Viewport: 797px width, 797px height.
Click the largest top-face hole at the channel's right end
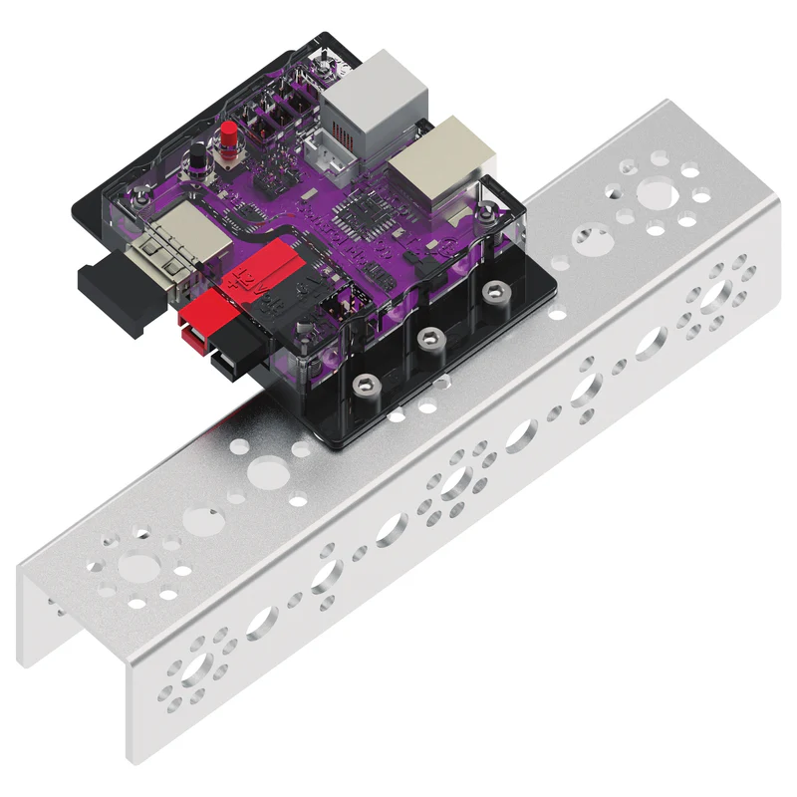click(655, 191)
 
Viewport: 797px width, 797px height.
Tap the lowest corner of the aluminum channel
click(131, 762)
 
